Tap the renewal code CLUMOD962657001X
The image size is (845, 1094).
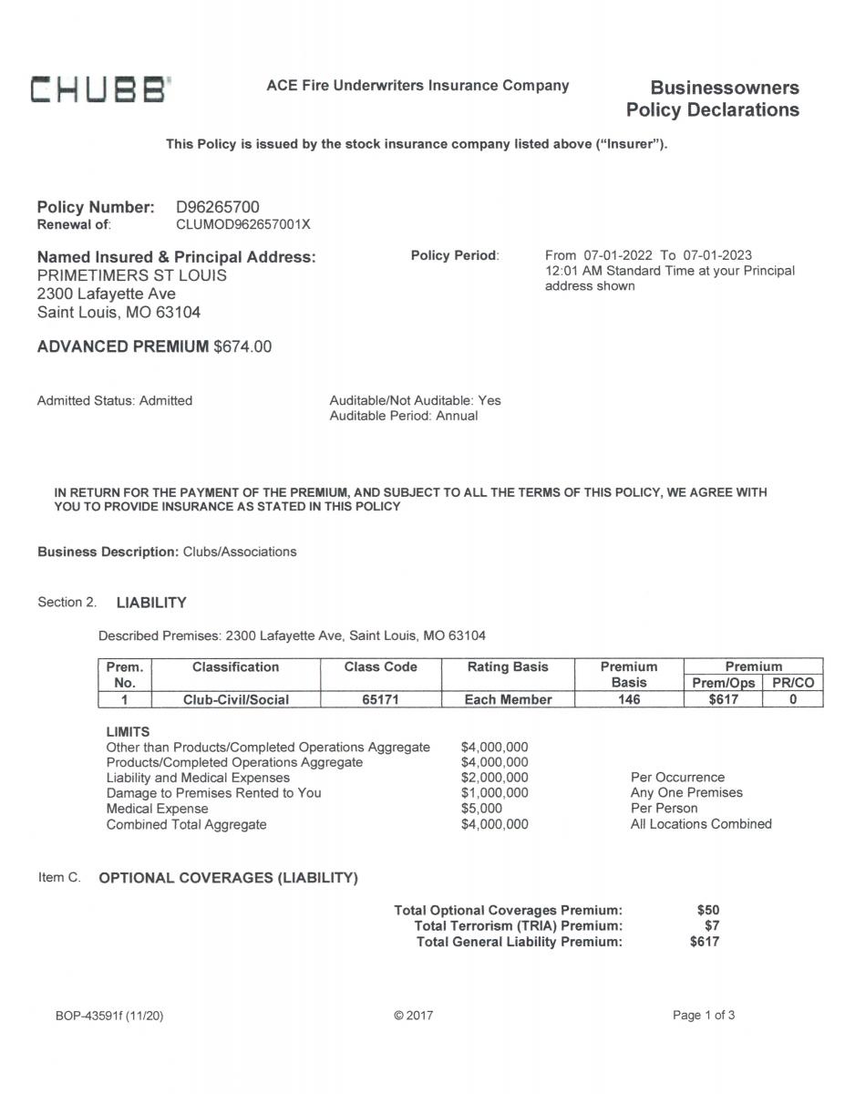point(242,224)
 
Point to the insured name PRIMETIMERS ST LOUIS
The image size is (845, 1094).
point(132,275)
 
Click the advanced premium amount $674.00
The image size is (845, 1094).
point(242,346)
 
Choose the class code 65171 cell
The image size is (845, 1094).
point(380,699)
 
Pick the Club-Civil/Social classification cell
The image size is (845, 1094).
point(236,699)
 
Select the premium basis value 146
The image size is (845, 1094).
point(628,699)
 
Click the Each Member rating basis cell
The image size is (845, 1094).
point(508,699)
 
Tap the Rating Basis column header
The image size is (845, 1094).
point(508,667)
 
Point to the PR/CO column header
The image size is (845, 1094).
point(791,683)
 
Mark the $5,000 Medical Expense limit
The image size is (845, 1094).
point(481,809)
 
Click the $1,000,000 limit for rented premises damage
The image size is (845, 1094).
point(494,793)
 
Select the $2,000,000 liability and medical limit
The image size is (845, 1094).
point(494,778)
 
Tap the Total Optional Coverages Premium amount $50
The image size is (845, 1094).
point(707,910)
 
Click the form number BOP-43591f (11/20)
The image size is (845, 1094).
point(109,1016)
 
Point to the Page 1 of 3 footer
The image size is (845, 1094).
point(703,1016)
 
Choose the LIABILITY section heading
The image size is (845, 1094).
point(151,603)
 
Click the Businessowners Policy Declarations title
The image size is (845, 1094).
point(713,99)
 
